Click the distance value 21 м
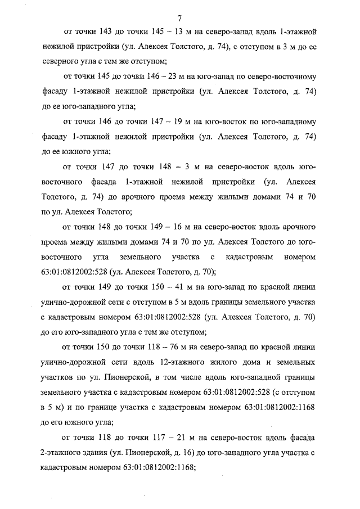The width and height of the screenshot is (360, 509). [x=185, y=437]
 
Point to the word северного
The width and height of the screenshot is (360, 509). [x=65, y=60]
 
